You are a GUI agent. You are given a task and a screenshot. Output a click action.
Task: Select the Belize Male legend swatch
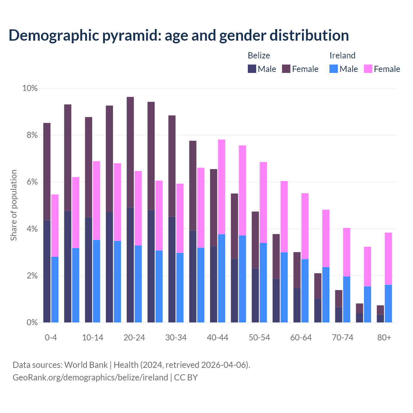(252, 69)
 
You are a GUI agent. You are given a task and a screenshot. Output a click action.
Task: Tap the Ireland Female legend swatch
(368, 69)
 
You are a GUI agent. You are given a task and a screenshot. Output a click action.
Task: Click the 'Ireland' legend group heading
(342, 55)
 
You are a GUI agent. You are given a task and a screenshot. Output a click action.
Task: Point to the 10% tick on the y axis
(30, 88)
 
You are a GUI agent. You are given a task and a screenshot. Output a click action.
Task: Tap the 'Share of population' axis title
(14, 205)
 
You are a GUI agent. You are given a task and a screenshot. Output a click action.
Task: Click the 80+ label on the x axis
(384, 337)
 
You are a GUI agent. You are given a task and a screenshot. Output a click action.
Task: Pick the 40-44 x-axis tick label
(217, 337)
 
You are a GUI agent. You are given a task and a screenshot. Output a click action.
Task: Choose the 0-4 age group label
(51, 337)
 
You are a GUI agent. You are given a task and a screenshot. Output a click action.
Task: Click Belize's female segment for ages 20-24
(130, 152)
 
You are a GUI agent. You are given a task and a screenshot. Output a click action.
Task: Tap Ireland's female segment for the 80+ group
(388, 258)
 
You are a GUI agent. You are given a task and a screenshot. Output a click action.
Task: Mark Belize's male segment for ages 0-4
(47, 271)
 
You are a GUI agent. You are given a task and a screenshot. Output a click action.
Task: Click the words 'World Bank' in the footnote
(86, 365)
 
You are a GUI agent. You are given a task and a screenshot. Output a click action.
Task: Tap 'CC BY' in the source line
(186, 378)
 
